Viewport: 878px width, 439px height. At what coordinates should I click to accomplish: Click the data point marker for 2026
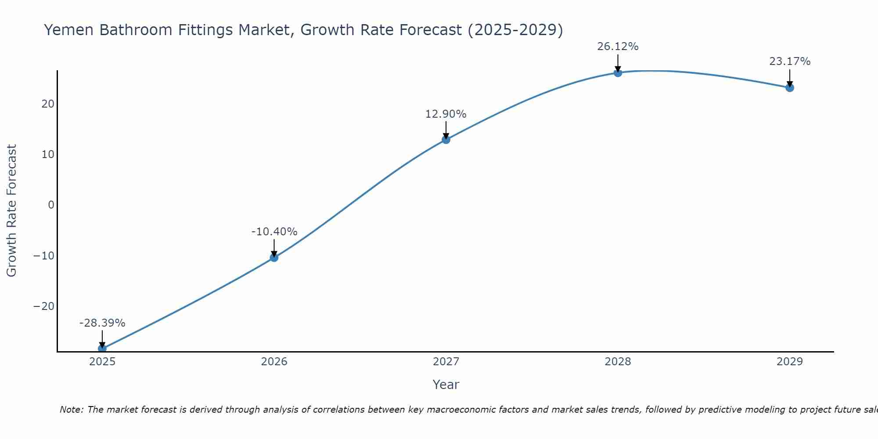coord(274,257)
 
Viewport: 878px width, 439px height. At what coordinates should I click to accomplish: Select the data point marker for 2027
coord(446,140)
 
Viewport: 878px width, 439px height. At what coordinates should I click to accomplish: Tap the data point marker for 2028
coord(618,73)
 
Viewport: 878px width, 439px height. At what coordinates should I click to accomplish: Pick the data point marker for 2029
coord(790,88)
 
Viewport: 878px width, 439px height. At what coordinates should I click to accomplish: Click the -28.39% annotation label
coord(102,323)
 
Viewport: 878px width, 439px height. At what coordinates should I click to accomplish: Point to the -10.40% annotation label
coord(274,232)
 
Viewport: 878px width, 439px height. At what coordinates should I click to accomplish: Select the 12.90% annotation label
coord(446,114)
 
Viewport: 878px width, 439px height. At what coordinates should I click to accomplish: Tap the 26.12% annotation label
coord(618,47)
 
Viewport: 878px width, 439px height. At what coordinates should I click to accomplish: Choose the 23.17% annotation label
coord(790,61)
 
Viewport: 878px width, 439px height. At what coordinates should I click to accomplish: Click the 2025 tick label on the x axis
coord(102,362)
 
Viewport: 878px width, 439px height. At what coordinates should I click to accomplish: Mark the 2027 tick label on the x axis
coord(446,362)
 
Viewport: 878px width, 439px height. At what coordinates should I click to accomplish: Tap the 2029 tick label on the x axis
coord(790,362)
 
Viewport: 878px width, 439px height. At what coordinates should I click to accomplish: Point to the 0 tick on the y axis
coord(51,205)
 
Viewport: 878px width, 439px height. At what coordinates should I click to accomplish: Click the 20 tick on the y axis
coord(48,104)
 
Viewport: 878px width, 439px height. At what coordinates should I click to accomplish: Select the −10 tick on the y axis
coord(44,255)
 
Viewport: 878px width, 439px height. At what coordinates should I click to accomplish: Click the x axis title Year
coord(446,385)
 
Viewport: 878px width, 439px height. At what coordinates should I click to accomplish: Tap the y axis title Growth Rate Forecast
coord(11,211)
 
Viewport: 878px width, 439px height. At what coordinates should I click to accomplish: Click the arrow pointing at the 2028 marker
coord(618,62)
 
